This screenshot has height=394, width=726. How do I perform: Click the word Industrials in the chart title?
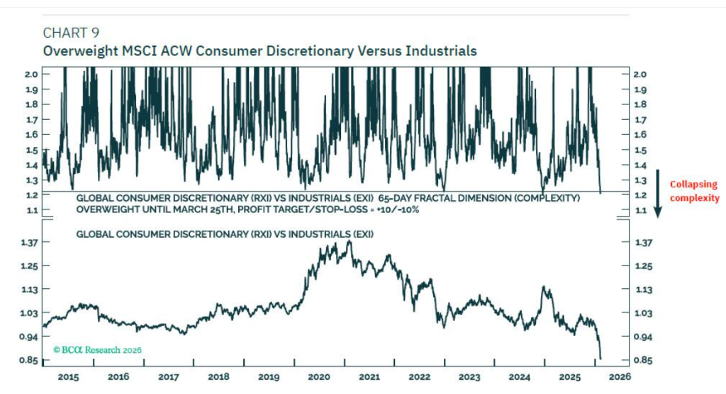click(x=444, y=51)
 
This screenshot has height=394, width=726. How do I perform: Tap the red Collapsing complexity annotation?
click(x=694, y=191)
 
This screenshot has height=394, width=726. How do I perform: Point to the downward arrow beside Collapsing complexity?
click(x=657, y=192)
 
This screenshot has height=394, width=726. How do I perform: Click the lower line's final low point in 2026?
click(x=601, y=359)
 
